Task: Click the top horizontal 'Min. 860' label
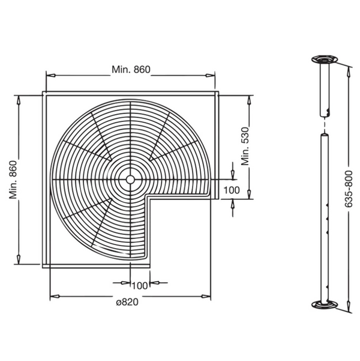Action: [130, 69]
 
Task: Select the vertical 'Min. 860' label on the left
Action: [13, 178]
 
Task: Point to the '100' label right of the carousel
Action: [232, 190]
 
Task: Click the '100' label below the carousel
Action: [140, 285]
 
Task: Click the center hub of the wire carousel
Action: [130, 179]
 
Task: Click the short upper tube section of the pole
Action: [325, 90]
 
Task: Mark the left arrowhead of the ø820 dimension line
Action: [53, 295]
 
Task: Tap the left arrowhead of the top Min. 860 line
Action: [50, 76]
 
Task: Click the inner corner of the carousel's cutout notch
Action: [148, 198]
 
